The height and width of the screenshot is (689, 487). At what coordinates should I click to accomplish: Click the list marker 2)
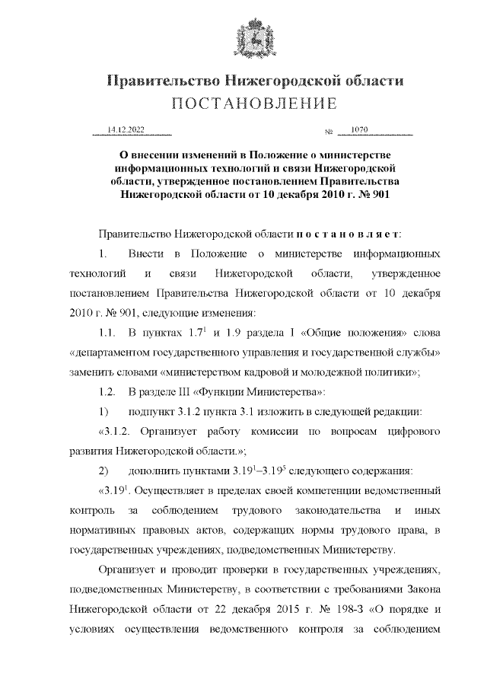pyautogui.click(x=105, y=471)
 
